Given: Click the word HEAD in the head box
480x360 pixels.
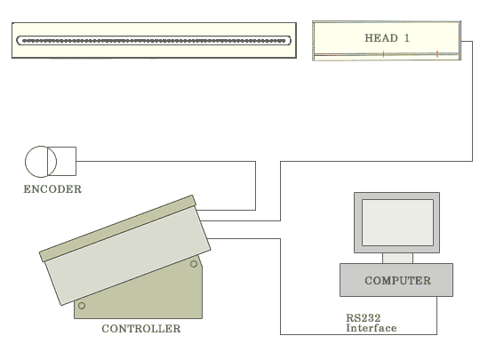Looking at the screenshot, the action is pos(381,38).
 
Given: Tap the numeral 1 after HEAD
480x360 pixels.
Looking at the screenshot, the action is pos(407,38).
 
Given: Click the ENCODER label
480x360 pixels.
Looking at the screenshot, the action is pos(52,189).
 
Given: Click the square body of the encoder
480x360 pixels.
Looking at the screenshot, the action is pos(62,161).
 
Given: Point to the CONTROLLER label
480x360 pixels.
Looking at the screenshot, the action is pos(141,329).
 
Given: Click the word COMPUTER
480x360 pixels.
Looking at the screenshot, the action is pos(397,280).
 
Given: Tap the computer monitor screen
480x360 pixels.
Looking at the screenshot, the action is pos(397,222).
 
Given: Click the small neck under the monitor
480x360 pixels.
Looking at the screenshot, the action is pos(397,258).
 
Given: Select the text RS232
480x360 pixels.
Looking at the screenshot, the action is pos(364,317).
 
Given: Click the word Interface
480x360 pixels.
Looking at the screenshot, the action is pos(372,328).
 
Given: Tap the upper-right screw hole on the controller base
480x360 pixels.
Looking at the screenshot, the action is pos(194,264).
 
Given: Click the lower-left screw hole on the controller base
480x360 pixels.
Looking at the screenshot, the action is pos(82,306).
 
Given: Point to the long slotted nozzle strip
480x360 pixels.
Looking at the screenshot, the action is pos(154,40).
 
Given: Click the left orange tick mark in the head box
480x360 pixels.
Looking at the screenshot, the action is pos(383,54).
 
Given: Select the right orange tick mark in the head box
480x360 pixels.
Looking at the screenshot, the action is pos(437,54).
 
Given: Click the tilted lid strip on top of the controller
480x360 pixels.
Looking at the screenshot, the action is pos(117,228).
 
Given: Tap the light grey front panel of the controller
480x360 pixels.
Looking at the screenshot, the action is pos(128,255).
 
